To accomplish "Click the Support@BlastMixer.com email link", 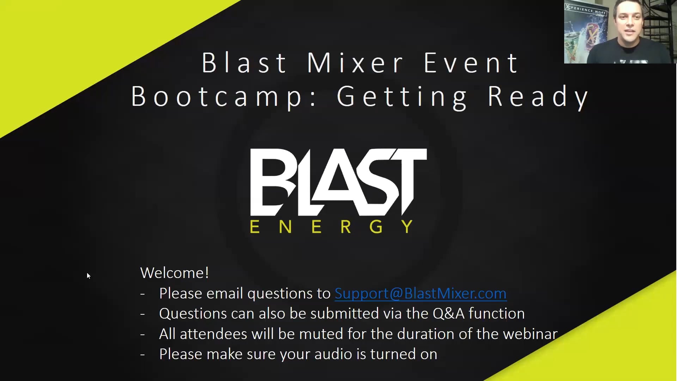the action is point(420,294).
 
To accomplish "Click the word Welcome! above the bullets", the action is point(175,273).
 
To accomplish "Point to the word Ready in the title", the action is point(538,97).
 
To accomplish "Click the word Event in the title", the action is point(471,63).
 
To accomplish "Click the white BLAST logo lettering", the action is point(338,182).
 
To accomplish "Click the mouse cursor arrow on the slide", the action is point(89,276).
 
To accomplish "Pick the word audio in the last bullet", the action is point(333,354).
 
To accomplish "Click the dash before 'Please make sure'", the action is point(142,355).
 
